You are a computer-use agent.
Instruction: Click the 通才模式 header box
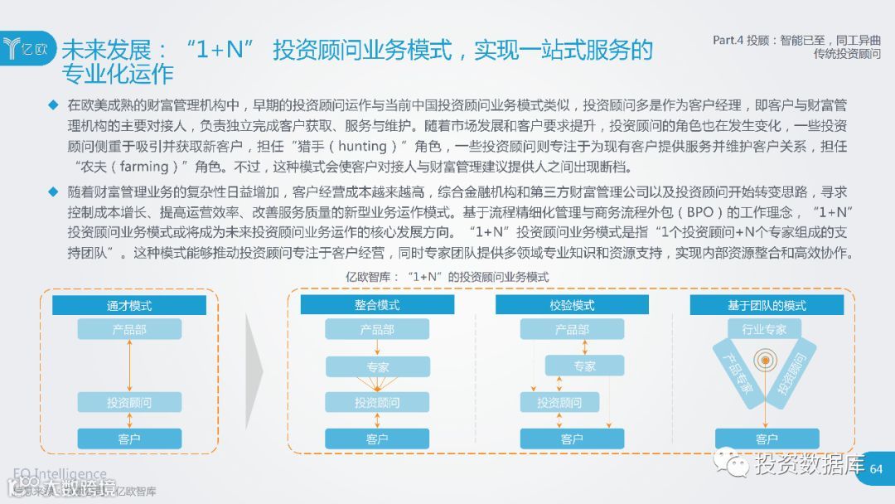click(129, 305)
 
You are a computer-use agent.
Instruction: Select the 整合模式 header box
click(377, 305)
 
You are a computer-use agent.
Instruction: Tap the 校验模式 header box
click(572, 305)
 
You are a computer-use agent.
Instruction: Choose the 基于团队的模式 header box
click(767, 305)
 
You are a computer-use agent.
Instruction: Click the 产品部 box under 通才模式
click(129, 329)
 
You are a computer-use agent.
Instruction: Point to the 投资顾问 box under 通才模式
click(129, 403)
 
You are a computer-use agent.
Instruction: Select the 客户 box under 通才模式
click(129, 439)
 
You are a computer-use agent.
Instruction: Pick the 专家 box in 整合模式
click(377, 366)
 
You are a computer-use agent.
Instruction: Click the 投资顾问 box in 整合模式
click(377, 403)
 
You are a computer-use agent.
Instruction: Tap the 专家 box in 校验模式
click(584, 366)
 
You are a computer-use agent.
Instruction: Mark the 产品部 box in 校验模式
click(572, 329)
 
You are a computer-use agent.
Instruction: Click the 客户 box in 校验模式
click(572, 439)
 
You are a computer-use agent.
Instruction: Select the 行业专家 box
click(764, 329)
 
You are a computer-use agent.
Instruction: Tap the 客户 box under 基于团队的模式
click(767, 439)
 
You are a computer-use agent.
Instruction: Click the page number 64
click(877, 469)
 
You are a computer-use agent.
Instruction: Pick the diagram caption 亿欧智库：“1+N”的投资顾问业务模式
click(447, 277)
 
